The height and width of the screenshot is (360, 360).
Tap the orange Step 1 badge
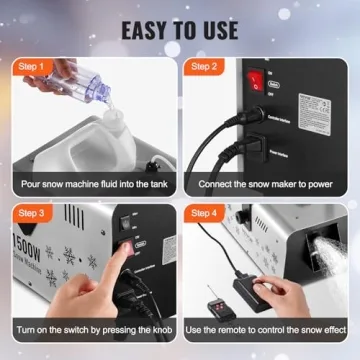33,67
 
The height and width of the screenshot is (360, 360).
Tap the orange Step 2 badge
204,67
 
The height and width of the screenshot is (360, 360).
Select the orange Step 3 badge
33,213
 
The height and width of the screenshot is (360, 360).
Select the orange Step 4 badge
204,213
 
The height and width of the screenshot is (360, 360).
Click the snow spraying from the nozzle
330,238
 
